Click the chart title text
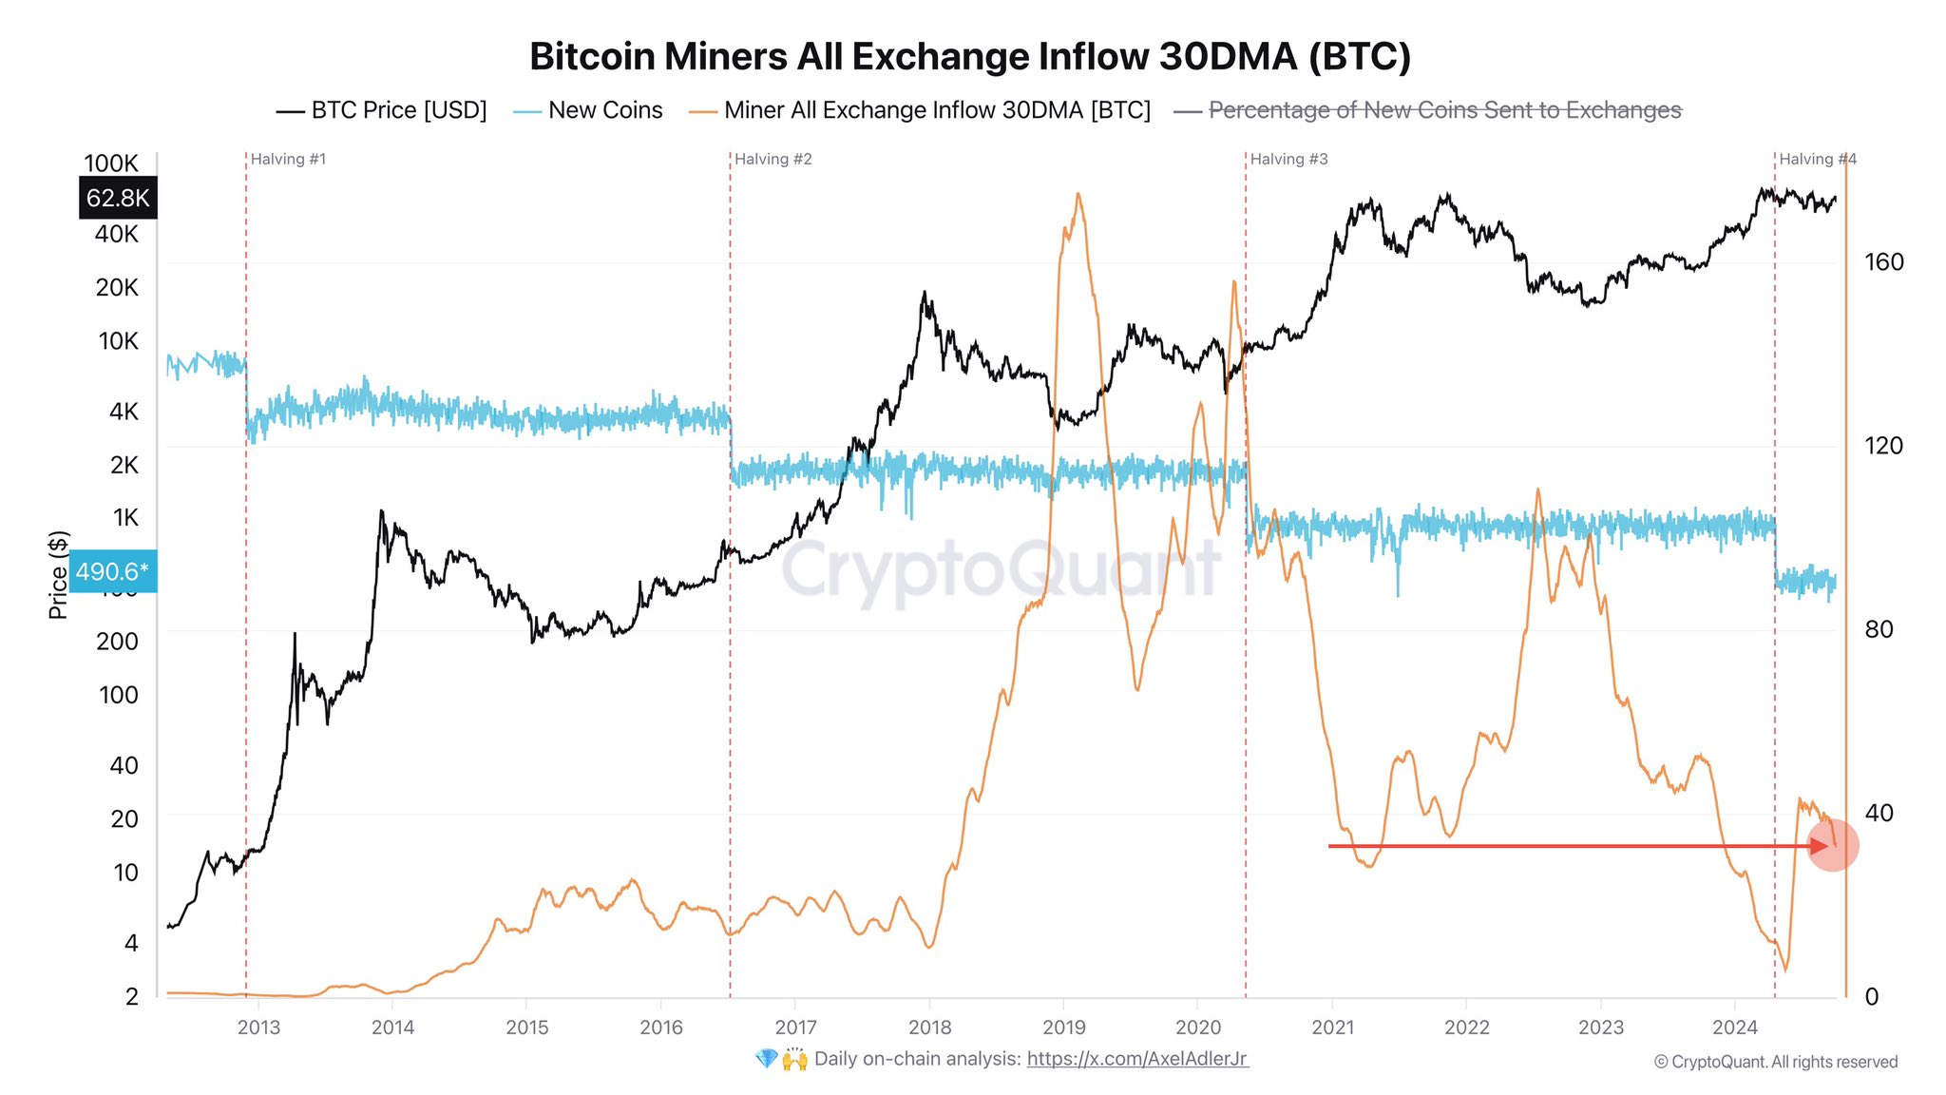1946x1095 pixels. tap(970, 56)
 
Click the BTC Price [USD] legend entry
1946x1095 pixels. tap(382, 110)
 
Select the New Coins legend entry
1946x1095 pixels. tap(588, 110)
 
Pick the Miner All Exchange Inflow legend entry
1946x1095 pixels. tap(920, 110)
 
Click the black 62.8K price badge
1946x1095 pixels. tap(118, 198)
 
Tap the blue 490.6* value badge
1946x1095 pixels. tap(112, 571)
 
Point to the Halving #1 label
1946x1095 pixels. tap(288, 159)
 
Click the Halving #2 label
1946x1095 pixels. tap(773, 159)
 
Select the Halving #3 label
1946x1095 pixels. tap(1288, 159)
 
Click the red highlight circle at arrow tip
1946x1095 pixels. tap(1833, 845)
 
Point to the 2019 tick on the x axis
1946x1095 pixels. tap(1063, 1028)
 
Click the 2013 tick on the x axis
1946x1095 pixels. tap(258, 1028)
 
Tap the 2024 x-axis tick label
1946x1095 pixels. tap(1734, 1028)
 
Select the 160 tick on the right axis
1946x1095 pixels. tap(1883, 262)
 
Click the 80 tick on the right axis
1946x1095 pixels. tap(1879, 629)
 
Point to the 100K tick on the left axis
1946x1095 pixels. tap(111, 163)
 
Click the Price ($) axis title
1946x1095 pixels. tap(58, 575)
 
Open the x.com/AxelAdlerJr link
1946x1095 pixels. tap(1136, 1059)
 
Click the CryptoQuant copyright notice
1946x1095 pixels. tap(1775, 1062)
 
